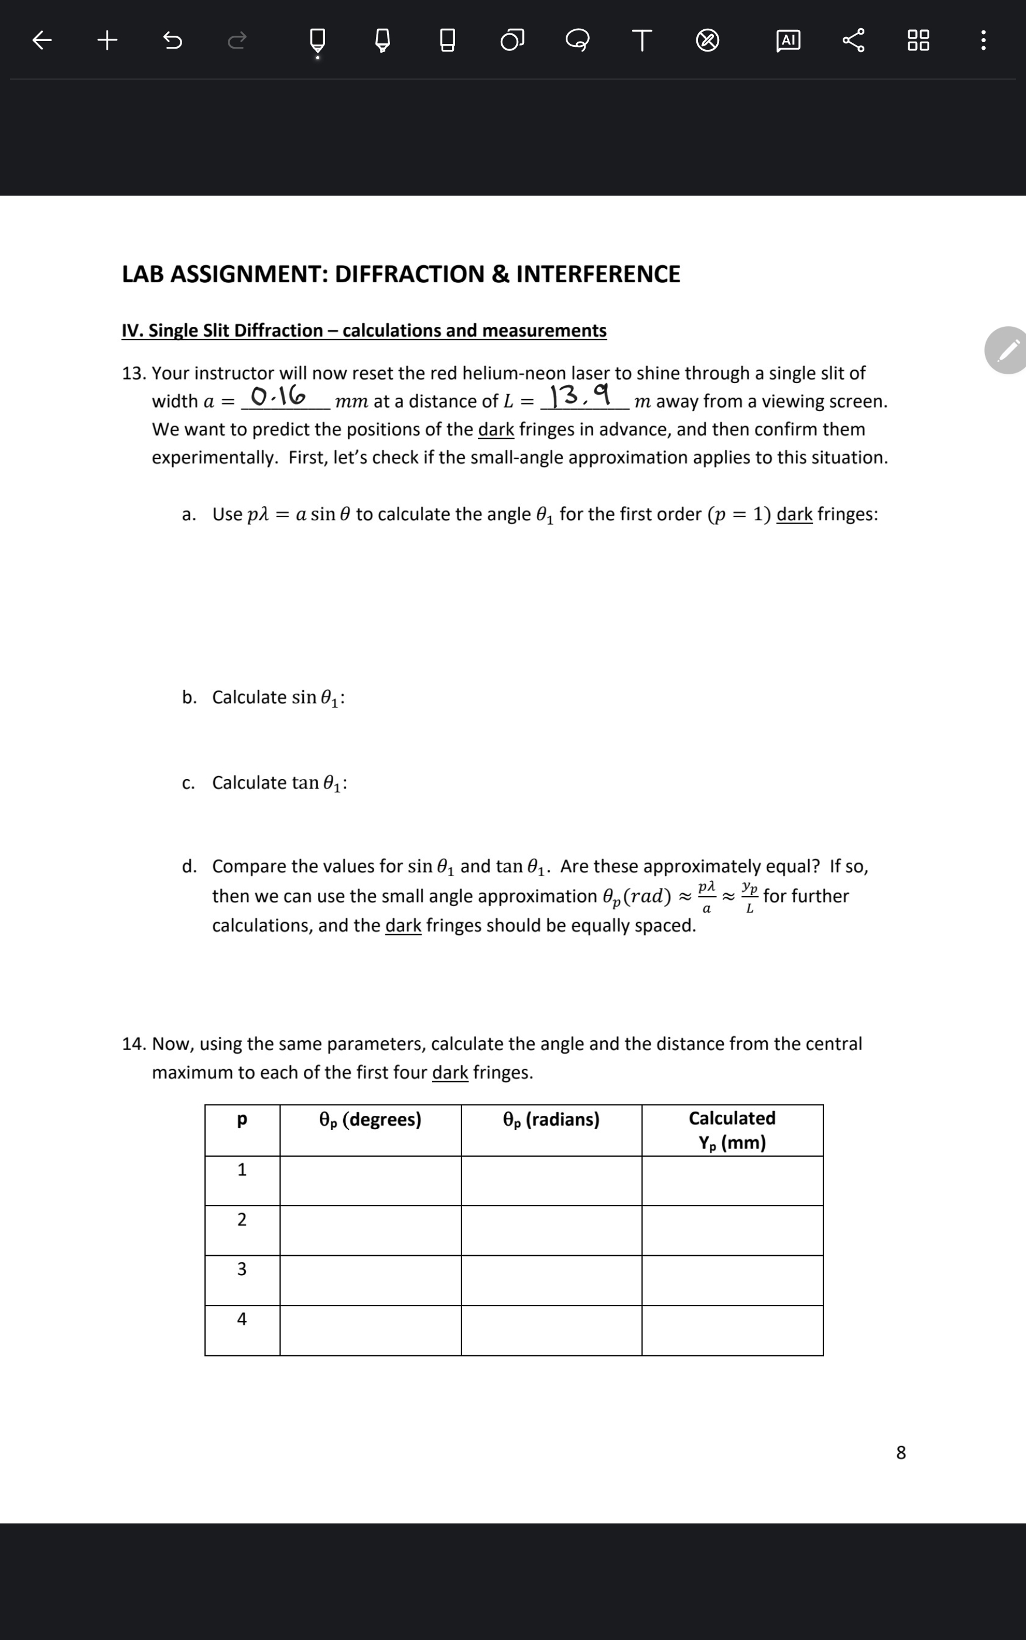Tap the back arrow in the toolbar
[42, 41]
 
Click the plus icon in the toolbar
[107, 41]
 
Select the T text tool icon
[642, 41]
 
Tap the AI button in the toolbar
[788, 41]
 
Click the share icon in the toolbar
[854, 41]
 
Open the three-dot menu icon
[983, 41]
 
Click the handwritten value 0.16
[278, 395]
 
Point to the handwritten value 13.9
[579, 395]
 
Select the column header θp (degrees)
[370, 1119]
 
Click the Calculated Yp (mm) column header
[732, 1130]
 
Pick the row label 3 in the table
[242, 1269]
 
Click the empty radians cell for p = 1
[551, 1181]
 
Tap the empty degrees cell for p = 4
[370, 1331]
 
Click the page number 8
[901, 1453]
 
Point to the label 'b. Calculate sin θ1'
[264, 698]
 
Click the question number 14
[134, 1044]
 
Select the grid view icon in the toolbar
[918, 41]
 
